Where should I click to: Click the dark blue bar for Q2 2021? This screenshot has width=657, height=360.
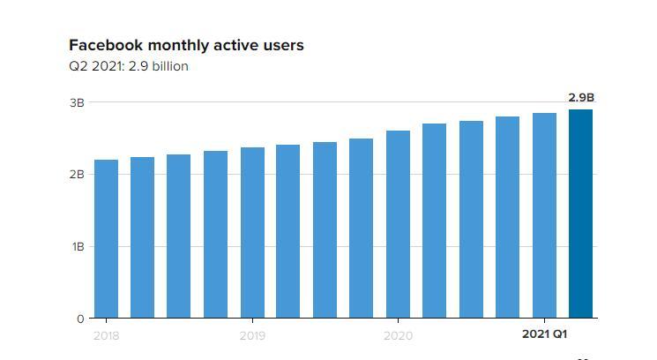pyautogui.click(x=580, y=214)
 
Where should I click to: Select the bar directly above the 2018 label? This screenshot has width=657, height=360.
pyautogui.click(x=106, y=238)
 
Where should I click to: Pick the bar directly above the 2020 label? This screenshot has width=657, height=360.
pyautogui.click(x=398, y=224)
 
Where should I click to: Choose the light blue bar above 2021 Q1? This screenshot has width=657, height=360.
pyautogui.click(x=544, y=215)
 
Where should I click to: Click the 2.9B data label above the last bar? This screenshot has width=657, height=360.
pyautogui.click(x=580, y=98)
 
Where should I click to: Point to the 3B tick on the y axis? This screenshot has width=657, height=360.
pyautogui.click(x=77, y=102)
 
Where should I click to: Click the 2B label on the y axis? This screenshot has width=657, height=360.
pyautogui.click(x=77, y=175)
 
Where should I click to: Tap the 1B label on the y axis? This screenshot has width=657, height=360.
pyautogui.click(x=78, y=247)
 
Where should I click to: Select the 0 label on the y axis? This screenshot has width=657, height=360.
pyautogui.click(x=80, y=319)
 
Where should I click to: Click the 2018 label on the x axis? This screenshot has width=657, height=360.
pyautogui.click(x=106, y=335)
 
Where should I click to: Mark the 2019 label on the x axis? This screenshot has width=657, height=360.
pyautogui.click(x=252, y=335)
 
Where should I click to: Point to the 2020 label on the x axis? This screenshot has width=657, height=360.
pyautogui.click(x=398, y=335)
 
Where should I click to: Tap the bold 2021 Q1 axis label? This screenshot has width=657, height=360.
pyautogui.click(x=544, y=334)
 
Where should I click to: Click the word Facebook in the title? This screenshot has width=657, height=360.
pyautogui.click(x=105, y=45)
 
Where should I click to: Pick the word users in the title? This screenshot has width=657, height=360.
pyautogui.click(x=283, y=45)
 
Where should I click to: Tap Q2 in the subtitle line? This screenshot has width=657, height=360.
pyautogui.click(x=78, y=66)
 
